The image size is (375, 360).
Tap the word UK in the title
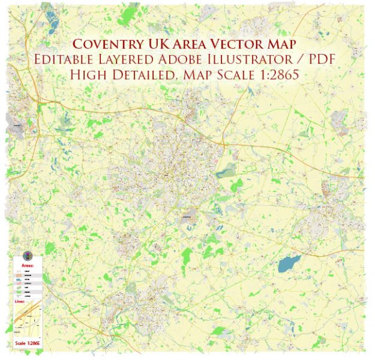point(158,44)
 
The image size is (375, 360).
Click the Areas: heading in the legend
point(28,265)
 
